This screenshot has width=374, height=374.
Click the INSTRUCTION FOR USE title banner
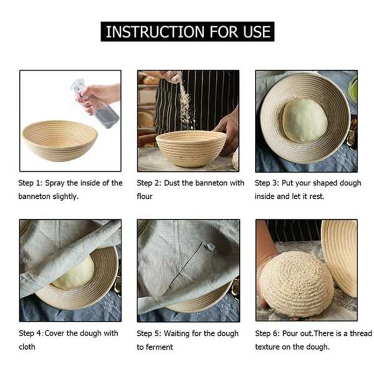[x=187, y=31]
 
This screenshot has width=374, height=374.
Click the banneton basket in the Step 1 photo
[x=60, y=141]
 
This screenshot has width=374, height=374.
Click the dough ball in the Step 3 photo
[x=305, y=120]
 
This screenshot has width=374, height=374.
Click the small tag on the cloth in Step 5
[x=211, y=247]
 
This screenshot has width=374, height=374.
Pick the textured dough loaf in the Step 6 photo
[x=296, y=284]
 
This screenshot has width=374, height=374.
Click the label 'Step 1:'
[x=30, y=183]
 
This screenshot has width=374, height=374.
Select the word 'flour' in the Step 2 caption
[x=144, y=196]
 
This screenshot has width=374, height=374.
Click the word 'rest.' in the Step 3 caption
[x=317, y=196]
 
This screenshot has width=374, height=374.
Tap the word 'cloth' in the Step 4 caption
[x=27, y=347]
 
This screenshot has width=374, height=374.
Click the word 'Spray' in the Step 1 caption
[x=55, y=183]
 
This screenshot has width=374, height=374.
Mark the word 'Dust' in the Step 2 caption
[x=172, y=183]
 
